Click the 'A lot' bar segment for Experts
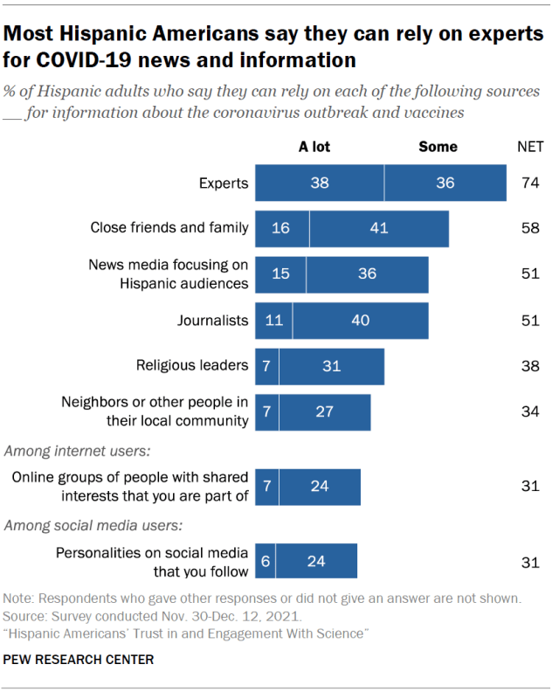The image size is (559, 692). coord(319,183)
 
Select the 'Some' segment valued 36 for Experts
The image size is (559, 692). coord(445,183)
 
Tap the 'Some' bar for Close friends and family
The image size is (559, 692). coord(378,229)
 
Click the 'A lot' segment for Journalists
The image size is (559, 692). coord(273,321)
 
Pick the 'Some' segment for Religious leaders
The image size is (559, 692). coord(331,366)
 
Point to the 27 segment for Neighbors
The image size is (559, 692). coord(324,412)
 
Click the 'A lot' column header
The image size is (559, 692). coord(314,147)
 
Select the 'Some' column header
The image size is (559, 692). coord(438,147)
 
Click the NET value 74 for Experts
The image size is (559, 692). coord(530,183)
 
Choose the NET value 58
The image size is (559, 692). coord(530,229)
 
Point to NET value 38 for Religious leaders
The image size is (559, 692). coord(530,366)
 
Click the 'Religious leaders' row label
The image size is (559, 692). coord(192,366)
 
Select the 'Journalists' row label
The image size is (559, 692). coord(213,321)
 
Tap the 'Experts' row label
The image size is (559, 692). coord(224,183)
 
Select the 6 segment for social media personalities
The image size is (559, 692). coord(264,562)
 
